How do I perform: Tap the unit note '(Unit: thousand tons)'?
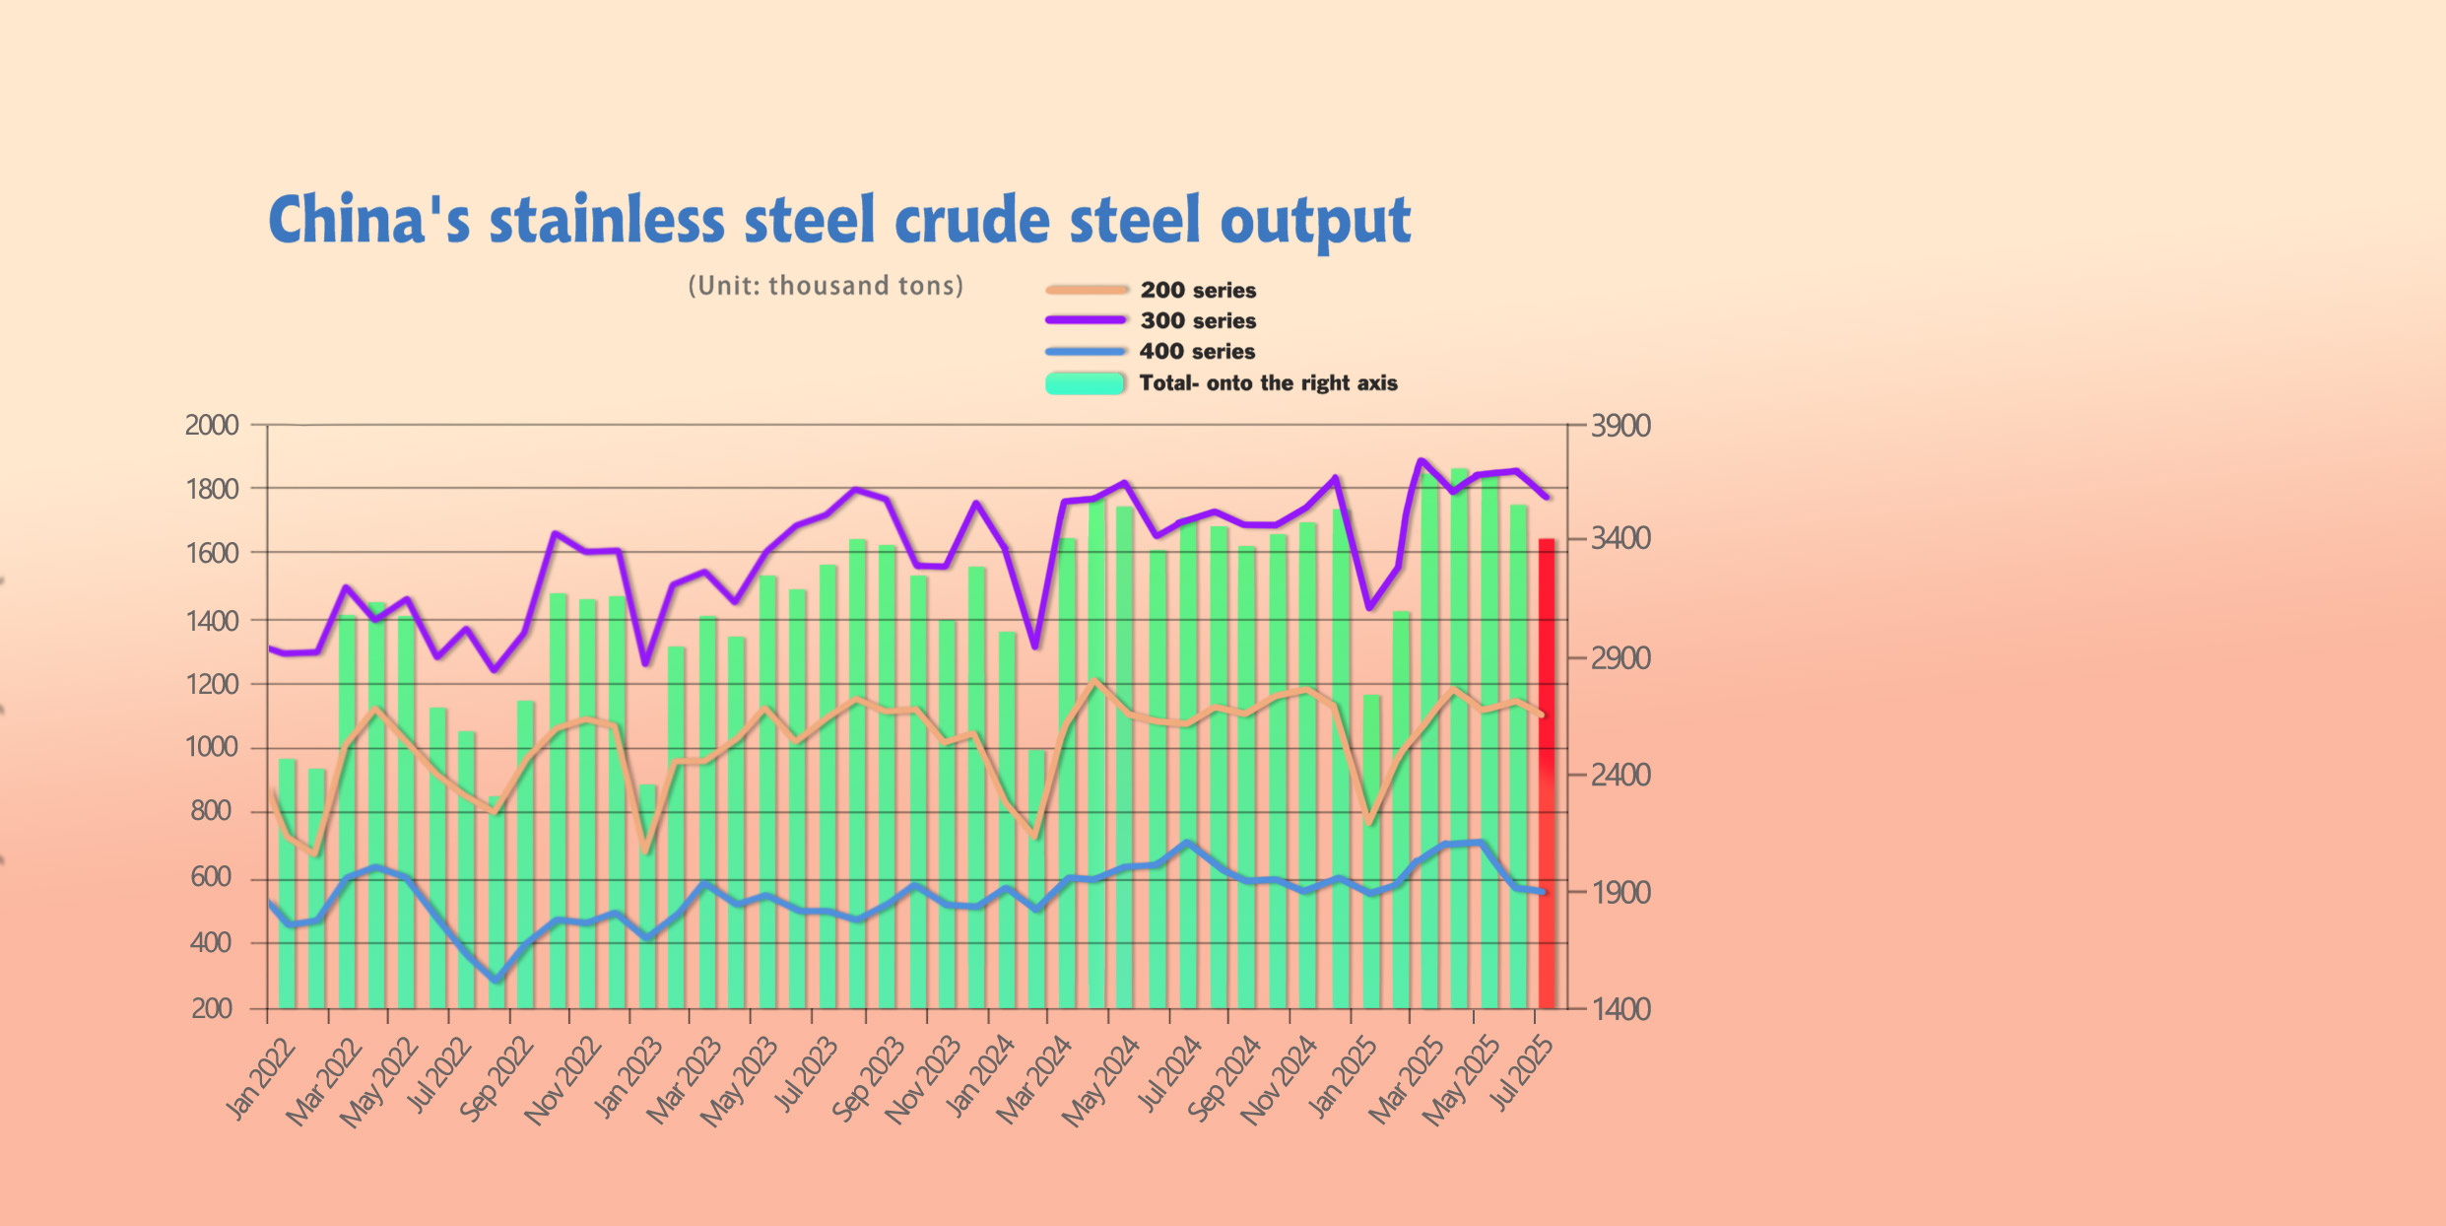pos(826,286)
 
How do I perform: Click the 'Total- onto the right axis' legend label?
pos(1268,382)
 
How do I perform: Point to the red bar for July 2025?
pos(1547,774)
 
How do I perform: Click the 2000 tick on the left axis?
pos(212,426)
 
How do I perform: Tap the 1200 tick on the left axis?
pos(212,684)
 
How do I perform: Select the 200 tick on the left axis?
pos(212,1009)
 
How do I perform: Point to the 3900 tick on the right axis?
pos(1620,426)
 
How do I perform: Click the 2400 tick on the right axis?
pos(1620,776)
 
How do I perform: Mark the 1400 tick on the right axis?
pos(1620,1009)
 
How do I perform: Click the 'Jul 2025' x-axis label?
pos(1524,1075)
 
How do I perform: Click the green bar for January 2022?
pos(288,884)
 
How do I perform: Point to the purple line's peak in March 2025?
pos(1421,460)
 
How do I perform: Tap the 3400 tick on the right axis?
pos(1620,538)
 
